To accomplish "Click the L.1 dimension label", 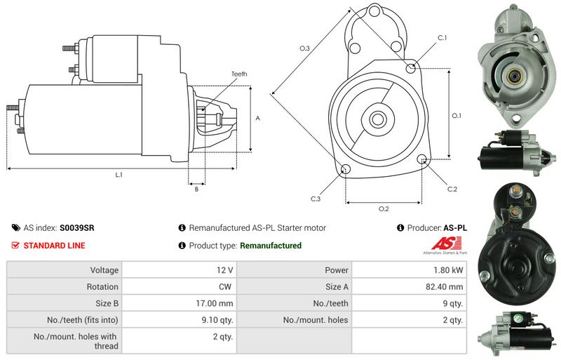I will coord(119,175).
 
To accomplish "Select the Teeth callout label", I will coord(239,74).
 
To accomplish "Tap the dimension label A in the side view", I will coord(258,119).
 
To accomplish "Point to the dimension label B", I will coord(196,189).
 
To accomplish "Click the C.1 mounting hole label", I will coord(442,37).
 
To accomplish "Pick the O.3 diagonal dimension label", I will coord(304,48).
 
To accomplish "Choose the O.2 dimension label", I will coord(384,209).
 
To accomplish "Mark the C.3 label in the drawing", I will coord(316,199).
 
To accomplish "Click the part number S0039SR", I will coord(77,228).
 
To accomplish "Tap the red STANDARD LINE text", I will coord(54,246).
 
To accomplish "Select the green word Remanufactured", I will coord(271,246).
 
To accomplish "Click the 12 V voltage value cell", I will coord(225,269).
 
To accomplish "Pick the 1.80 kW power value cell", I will coord(452,269).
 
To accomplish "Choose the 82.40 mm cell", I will coord(447,286).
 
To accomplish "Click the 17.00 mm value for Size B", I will coord(218,303).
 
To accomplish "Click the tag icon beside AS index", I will coord(15,228).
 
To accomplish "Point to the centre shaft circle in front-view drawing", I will coord(377,119).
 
